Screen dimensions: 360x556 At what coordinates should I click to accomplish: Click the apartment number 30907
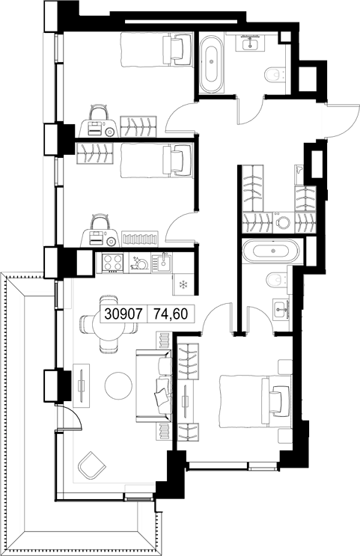click(123, 314)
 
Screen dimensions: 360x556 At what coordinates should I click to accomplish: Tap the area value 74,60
click(171, 314)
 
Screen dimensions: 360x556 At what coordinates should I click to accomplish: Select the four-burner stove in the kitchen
click(112, 263)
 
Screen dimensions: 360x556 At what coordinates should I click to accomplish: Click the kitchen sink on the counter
click(162, 263)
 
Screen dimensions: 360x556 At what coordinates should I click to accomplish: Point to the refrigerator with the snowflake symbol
click(183, 284)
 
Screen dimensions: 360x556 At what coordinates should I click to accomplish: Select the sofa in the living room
click(154, 386)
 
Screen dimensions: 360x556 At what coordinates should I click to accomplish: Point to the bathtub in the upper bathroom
click(211, 61)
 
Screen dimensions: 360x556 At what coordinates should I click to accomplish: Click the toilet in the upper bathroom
click(275, 76)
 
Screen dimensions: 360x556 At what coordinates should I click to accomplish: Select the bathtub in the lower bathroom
click(272, 251)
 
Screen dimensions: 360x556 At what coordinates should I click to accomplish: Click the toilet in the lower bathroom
click(278, 280)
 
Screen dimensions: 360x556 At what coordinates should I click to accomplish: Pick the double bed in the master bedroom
click(255, 401)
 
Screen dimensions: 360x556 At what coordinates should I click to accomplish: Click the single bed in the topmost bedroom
click(156, 49)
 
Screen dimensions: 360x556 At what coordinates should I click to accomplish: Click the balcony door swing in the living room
click(70, 418)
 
